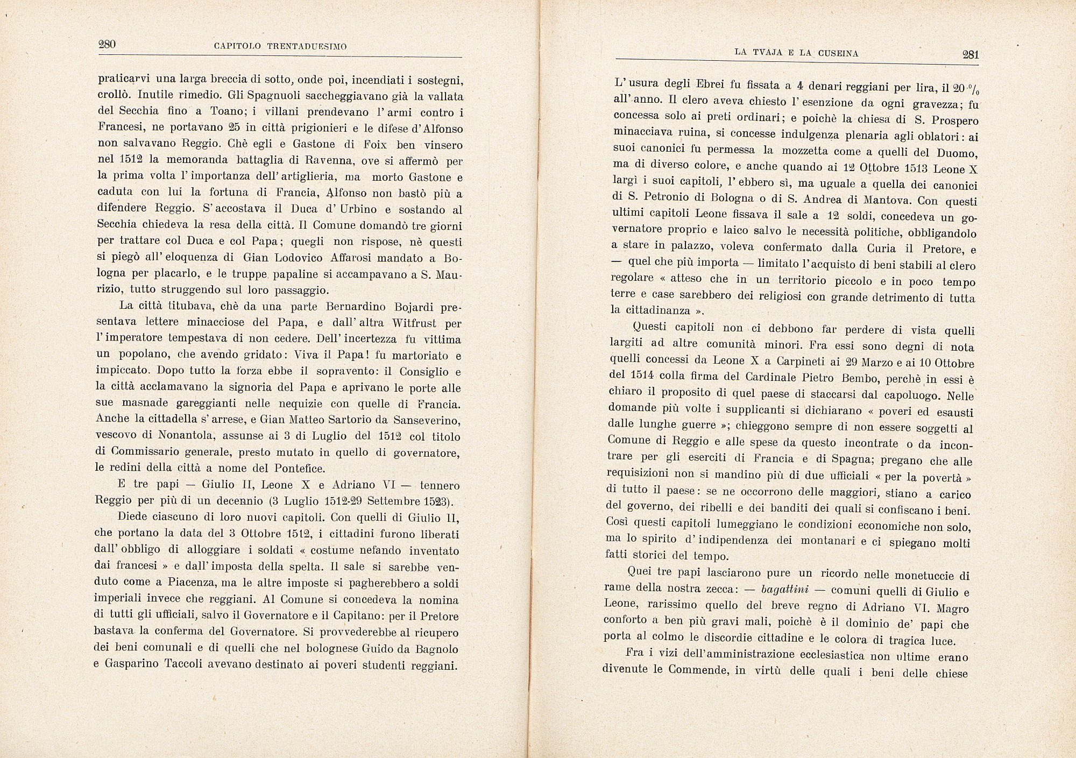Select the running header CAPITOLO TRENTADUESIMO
tap(280, 47)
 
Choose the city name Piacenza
tap(174, 582)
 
